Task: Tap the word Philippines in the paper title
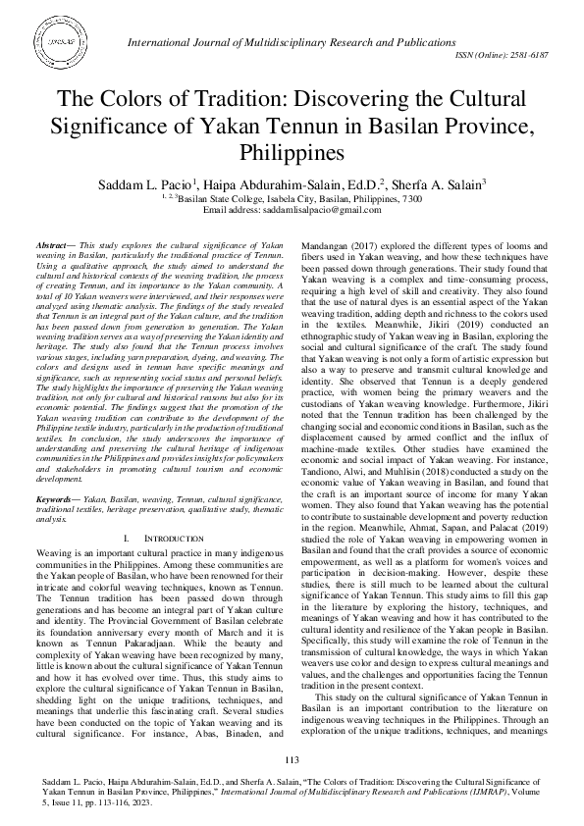[292, 153]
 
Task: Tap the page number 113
[292, 761]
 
